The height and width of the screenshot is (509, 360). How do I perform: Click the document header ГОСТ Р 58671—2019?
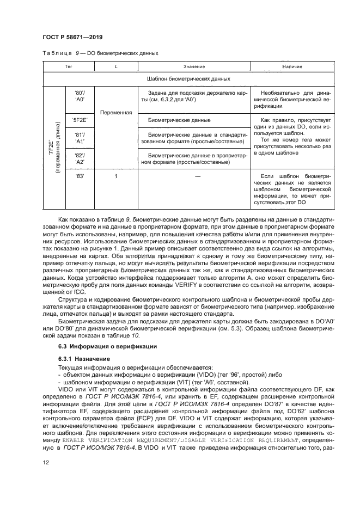73,36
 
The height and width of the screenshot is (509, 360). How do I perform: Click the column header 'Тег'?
69,66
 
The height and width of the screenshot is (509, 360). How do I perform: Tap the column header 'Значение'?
194,66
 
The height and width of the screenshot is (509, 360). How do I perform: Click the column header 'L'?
116,66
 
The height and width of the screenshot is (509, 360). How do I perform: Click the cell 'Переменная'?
116,113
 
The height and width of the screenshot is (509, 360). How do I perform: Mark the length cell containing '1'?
116,176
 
